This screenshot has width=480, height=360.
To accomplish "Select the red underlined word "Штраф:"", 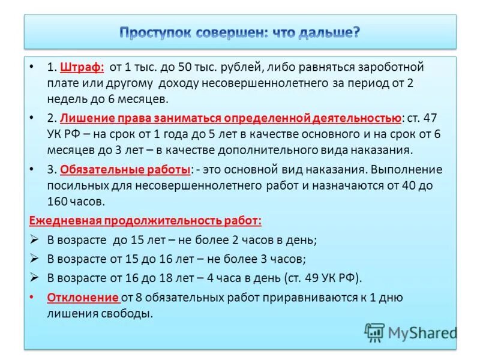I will (x=82, y=67).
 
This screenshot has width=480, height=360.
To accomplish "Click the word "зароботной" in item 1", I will (x=391, y=67).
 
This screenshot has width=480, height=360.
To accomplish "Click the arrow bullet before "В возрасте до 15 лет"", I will (x=34, y=240).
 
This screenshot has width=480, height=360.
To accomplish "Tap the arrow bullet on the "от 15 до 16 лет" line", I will (x=34, y=259).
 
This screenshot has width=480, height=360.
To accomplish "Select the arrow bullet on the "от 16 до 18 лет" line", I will (x=34, y=278).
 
